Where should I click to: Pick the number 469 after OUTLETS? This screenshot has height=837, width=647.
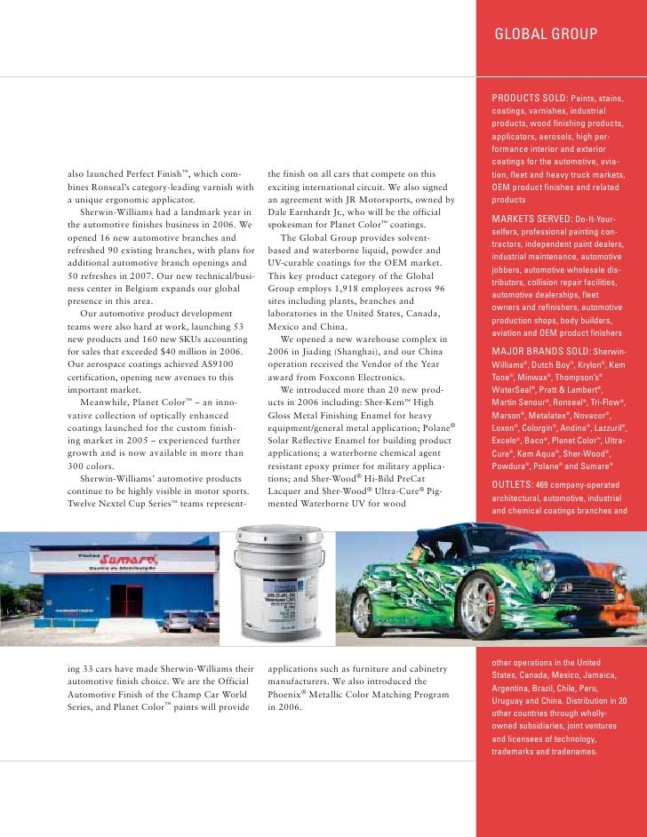tap(543, 484)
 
